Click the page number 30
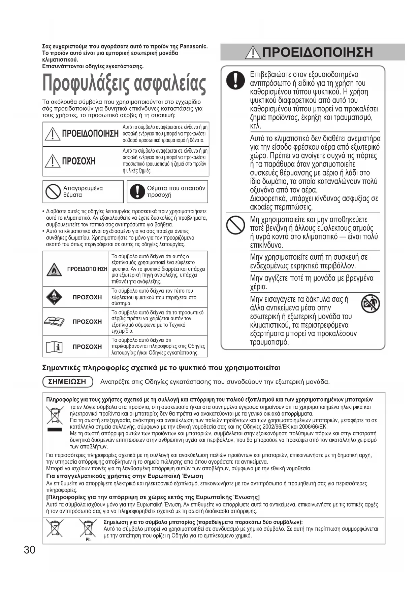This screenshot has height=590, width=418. click(x=30, y=550)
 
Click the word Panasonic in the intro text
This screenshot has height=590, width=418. click(x=194, y=46)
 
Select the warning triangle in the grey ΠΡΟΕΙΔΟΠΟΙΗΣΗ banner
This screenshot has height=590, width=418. click(x=253, y=52)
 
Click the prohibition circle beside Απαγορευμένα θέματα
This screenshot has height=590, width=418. click(x=53, y=192)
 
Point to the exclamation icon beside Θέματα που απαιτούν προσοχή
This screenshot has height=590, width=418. click(x=137, y=192)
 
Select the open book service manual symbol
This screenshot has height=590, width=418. click(x=54, y=322)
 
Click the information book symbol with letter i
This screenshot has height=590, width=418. click(x=54, y=347)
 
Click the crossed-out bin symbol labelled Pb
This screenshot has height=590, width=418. click(x=88, y=528)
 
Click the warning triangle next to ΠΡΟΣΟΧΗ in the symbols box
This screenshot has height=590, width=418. click(x=53, y=161)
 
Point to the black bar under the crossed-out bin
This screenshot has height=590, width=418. click(x=55, y=430)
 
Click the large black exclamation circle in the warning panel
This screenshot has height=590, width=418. click(x=236, y=80)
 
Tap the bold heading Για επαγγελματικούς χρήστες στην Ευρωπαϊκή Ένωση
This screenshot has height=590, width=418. click(x=125, y=476)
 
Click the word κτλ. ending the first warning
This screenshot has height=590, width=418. click(x=256, y=126)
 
